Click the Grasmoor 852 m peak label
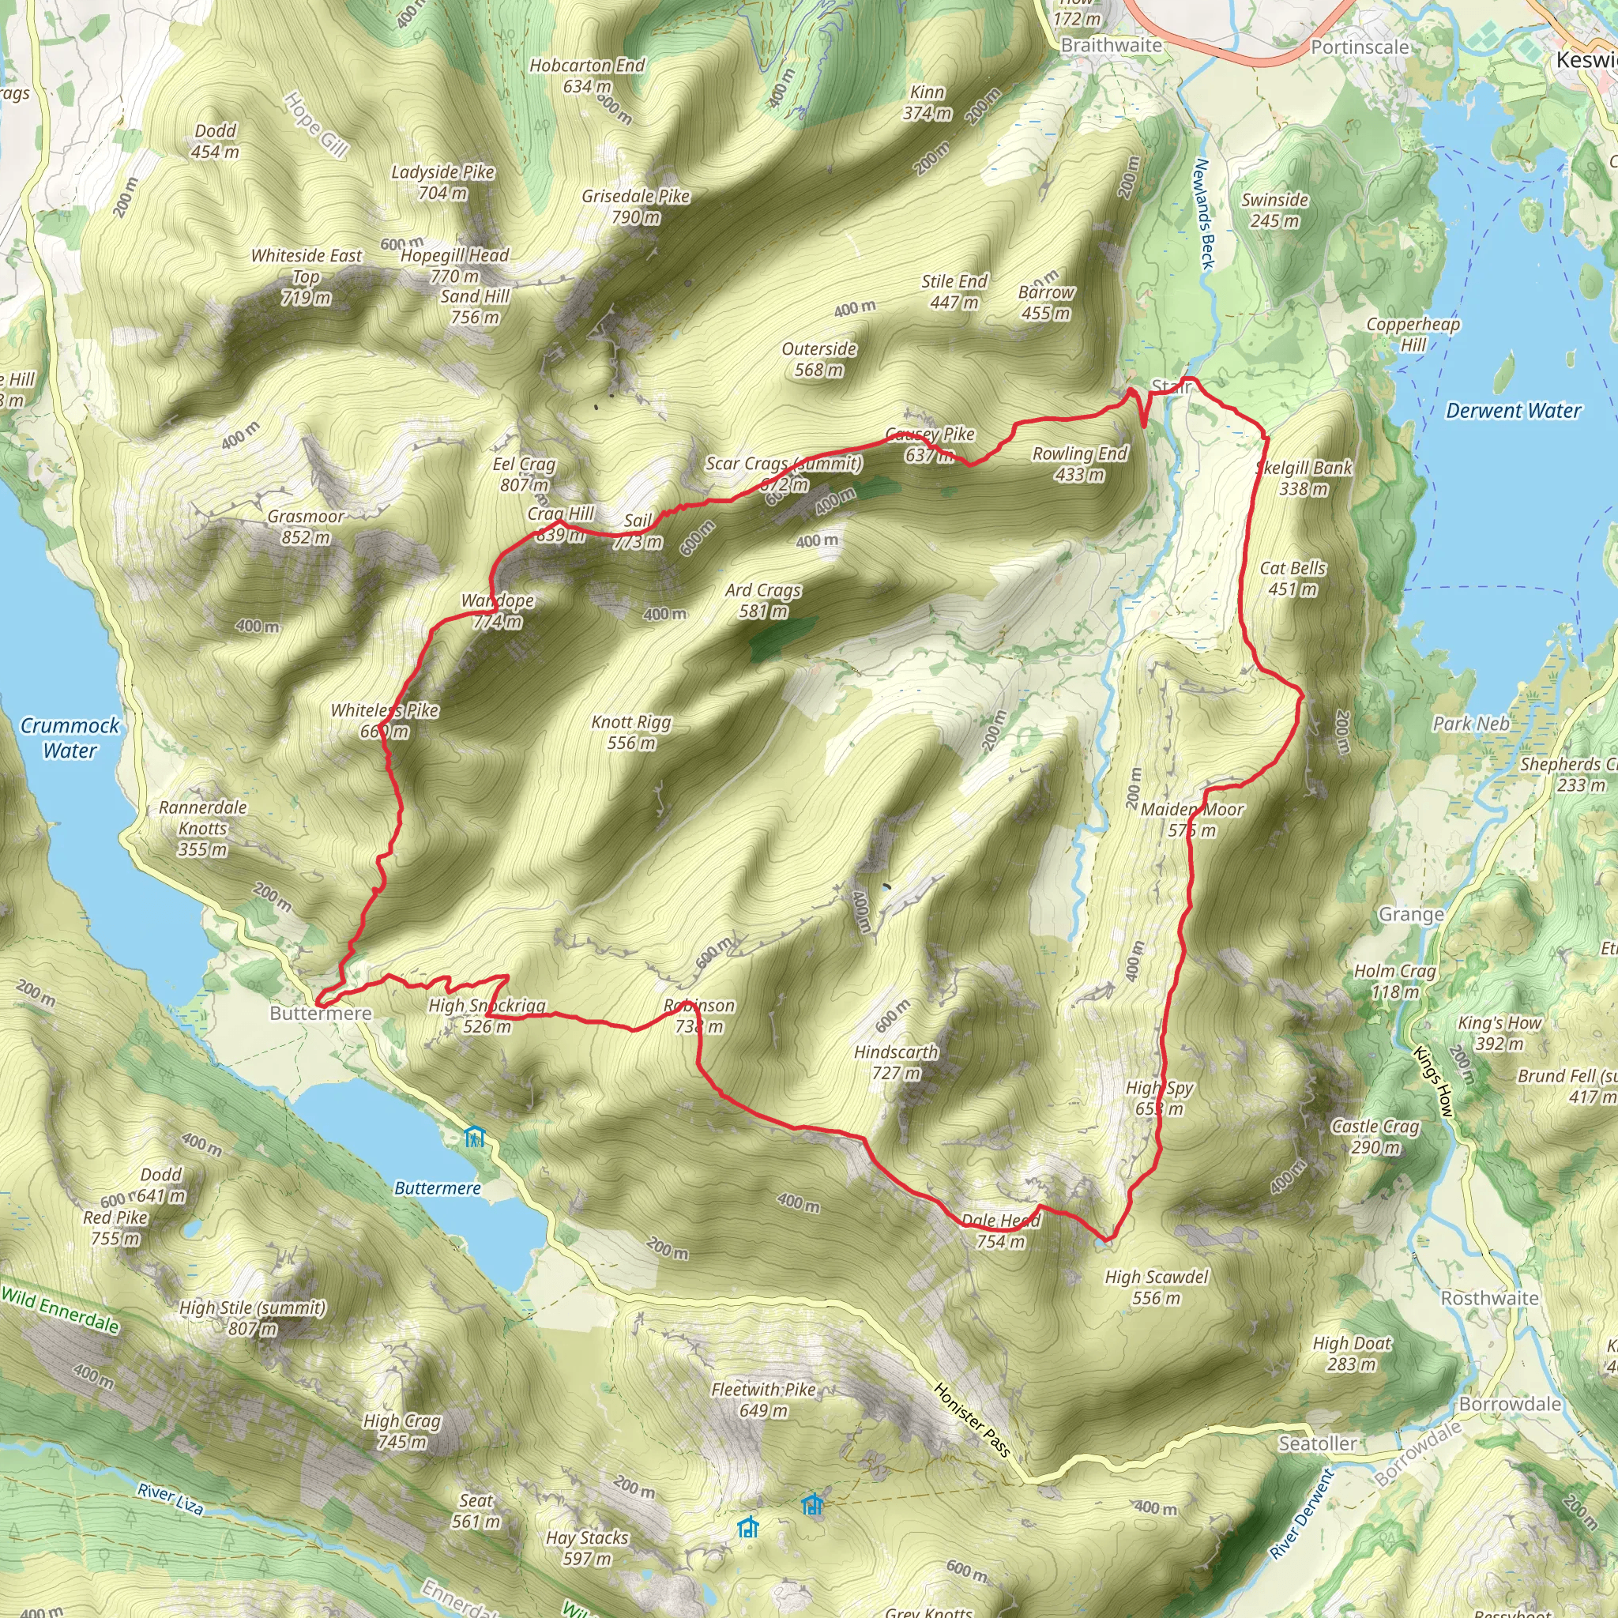306,527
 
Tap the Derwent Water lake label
1512,411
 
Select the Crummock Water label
70,737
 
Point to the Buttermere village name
320,1014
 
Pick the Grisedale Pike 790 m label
636,206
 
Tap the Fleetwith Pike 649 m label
763,1399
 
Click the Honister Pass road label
972,1420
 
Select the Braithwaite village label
1111,45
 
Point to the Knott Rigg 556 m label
630,732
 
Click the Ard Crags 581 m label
763,600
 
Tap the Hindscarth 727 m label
895,1062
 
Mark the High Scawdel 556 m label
1156,1287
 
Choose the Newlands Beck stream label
1202,214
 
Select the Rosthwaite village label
1489,1298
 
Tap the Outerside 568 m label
818,359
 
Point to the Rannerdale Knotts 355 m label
203,827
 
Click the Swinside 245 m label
1274,210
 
